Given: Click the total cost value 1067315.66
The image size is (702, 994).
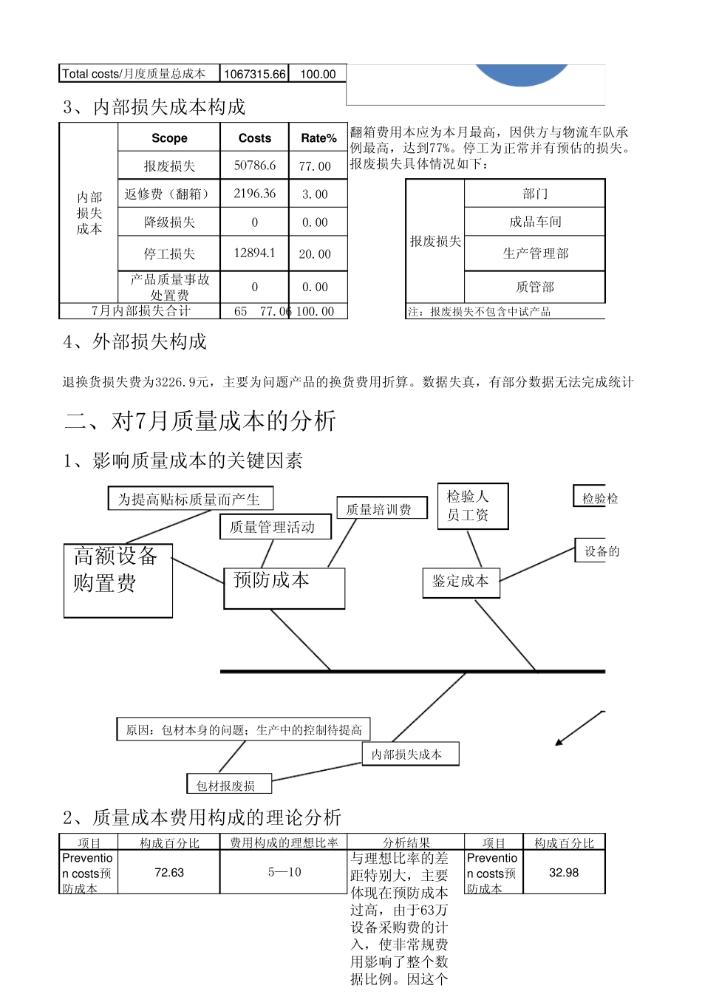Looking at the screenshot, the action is click(x=254, y=74).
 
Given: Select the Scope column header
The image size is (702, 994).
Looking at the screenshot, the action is click(x=169, y=138).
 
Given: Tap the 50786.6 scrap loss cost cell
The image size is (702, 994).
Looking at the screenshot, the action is click(x=255, y=166).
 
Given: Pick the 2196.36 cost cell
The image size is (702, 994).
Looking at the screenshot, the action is click(x=255, y=194).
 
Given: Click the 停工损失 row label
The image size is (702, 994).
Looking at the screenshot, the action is click(x=169, y=254).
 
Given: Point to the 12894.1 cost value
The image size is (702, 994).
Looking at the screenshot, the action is click(x=255, y=253).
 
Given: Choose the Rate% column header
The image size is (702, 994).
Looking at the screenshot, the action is click(x=318, y=138).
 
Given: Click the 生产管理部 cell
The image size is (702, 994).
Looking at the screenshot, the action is click(x=535, y=253).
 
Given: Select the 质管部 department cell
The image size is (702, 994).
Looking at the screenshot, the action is click(x=535, y=287).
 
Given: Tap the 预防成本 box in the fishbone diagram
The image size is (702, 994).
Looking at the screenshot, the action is click(x=284, y=588).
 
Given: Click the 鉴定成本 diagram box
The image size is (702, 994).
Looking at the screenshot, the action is click(x=460, y=582).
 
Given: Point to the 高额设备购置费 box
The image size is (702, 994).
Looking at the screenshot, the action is click(x=118, y=581).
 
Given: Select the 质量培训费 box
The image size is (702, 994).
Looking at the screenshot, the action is click(x=382, y=508).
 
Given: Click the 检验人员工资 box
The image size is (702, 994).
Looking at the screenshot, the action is click(x=473, y=506).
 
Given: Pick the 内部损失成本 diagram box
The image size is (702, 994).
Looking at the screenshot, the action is click(x=410, y=754).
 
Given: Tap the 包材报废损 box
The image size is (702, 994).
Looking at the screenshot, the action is click(x=229, y=785).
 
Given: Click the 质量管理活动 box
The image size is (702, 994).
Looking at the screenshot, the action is click(x=275, y=527).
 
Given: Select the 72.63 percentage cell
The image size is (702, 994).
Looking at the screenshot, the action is click(x=169, y=873).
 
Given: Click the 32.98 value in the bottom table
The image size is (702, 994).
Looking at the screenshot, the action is click(x=564, y=873).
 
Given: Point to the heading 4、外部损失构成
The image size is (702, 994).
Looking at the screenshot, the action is click(x=135, y=341).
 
